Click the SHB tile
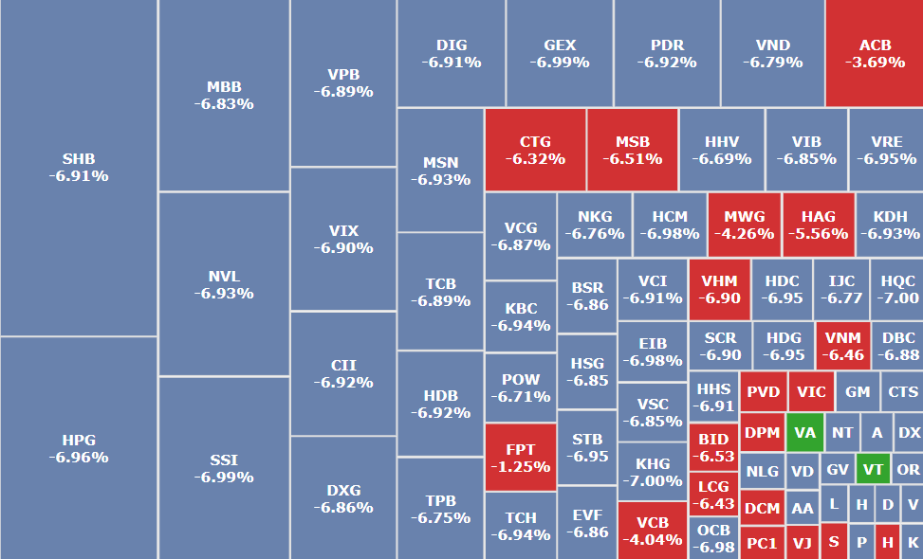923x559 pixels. click(x=79, y=168)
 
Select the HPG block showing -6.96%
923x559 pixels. click(x=79, y=448)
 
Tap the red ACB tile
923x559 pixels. click(x=874, y=53)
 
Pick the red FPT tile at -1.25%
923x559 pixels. click(x=520, y=457)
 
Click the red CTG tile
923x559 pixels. click(x=535, y=150)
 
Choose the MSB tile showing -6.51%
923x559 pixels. click(x=632, y=150)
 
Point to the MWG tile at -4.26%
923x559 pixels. click(x=744, y=225)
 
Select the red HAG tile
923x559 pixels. click(x=818, y=225)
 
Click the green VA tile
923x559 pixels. click(x=804, y=432)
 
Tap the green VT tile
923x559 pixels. click(x=873, y=469)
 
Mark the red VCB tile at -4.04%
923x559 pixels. click(x=652, y=531)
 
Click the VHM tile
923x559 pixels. click(x=719, y=289)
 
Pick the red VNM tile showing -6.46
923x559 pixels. click(x=842, y=346)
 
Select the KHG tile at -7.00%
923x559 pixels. click(x=652, y=471)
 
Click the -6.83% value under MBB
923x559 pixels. click(x=224, y=104)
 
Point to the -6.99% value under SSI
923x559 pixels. click(x=224, y=478)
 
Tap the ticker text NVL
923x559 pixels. click(x=224, y=276)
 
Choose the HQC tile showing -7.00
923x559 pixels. click(x=897, y=289)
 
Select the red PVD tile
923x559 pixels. click(x=762, y=391)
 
